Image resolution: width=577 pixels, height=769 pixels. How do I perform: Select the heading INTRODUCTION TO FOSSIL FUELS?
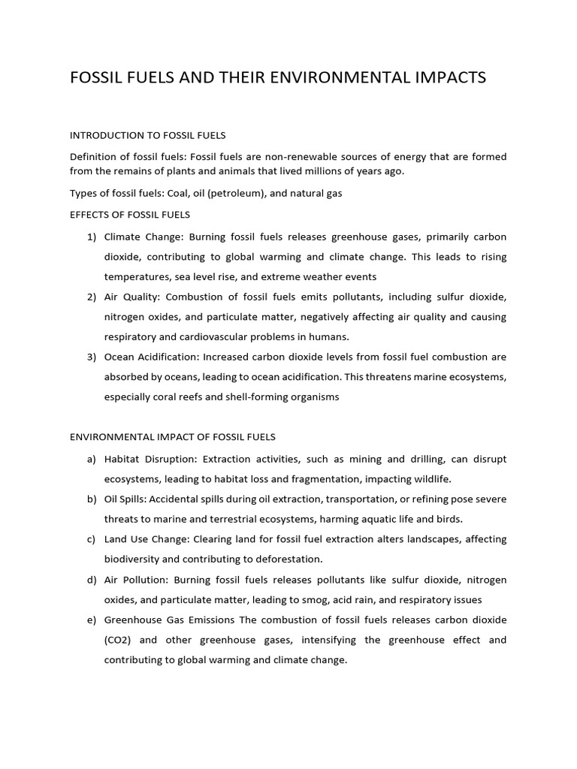(147, 135)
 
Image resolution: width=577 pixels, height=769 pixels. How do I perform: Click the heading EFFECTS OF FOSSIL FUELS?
(129, 215)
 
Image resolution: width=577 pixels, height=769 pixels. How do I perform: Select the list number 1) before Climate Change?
(92, 237)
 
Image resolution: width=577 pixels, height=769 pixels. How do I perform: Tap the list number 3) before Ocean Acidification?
(92, 357)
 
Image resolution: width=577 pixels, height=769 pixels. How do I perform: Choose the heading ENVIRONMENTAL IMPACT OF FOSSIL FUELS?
(173, 436)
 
